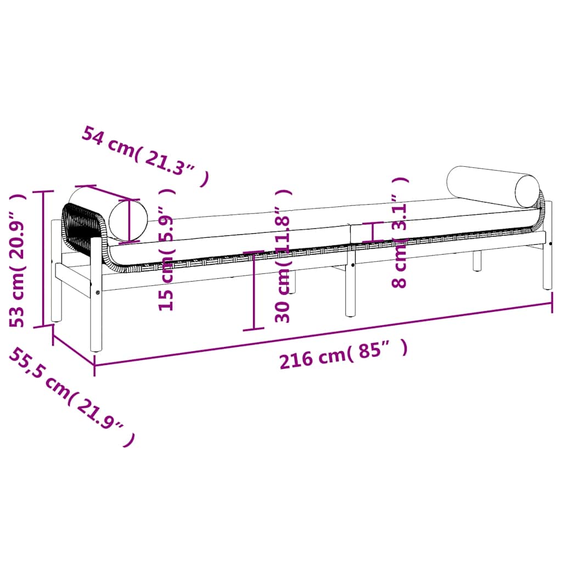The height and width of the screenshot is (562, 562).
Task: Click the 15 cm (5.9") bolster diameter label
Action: [167, 250]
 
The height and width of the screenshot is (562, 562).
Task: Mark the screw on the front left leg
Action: [98, 293]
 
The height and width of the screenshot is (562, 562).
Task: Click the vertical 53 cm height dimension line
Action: [43, 258]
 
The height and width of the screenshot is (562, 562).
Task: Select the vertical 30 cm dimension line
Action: [254, 291]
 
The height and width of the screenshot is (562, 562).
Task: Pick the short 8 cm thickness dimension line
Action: [373, 232]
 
